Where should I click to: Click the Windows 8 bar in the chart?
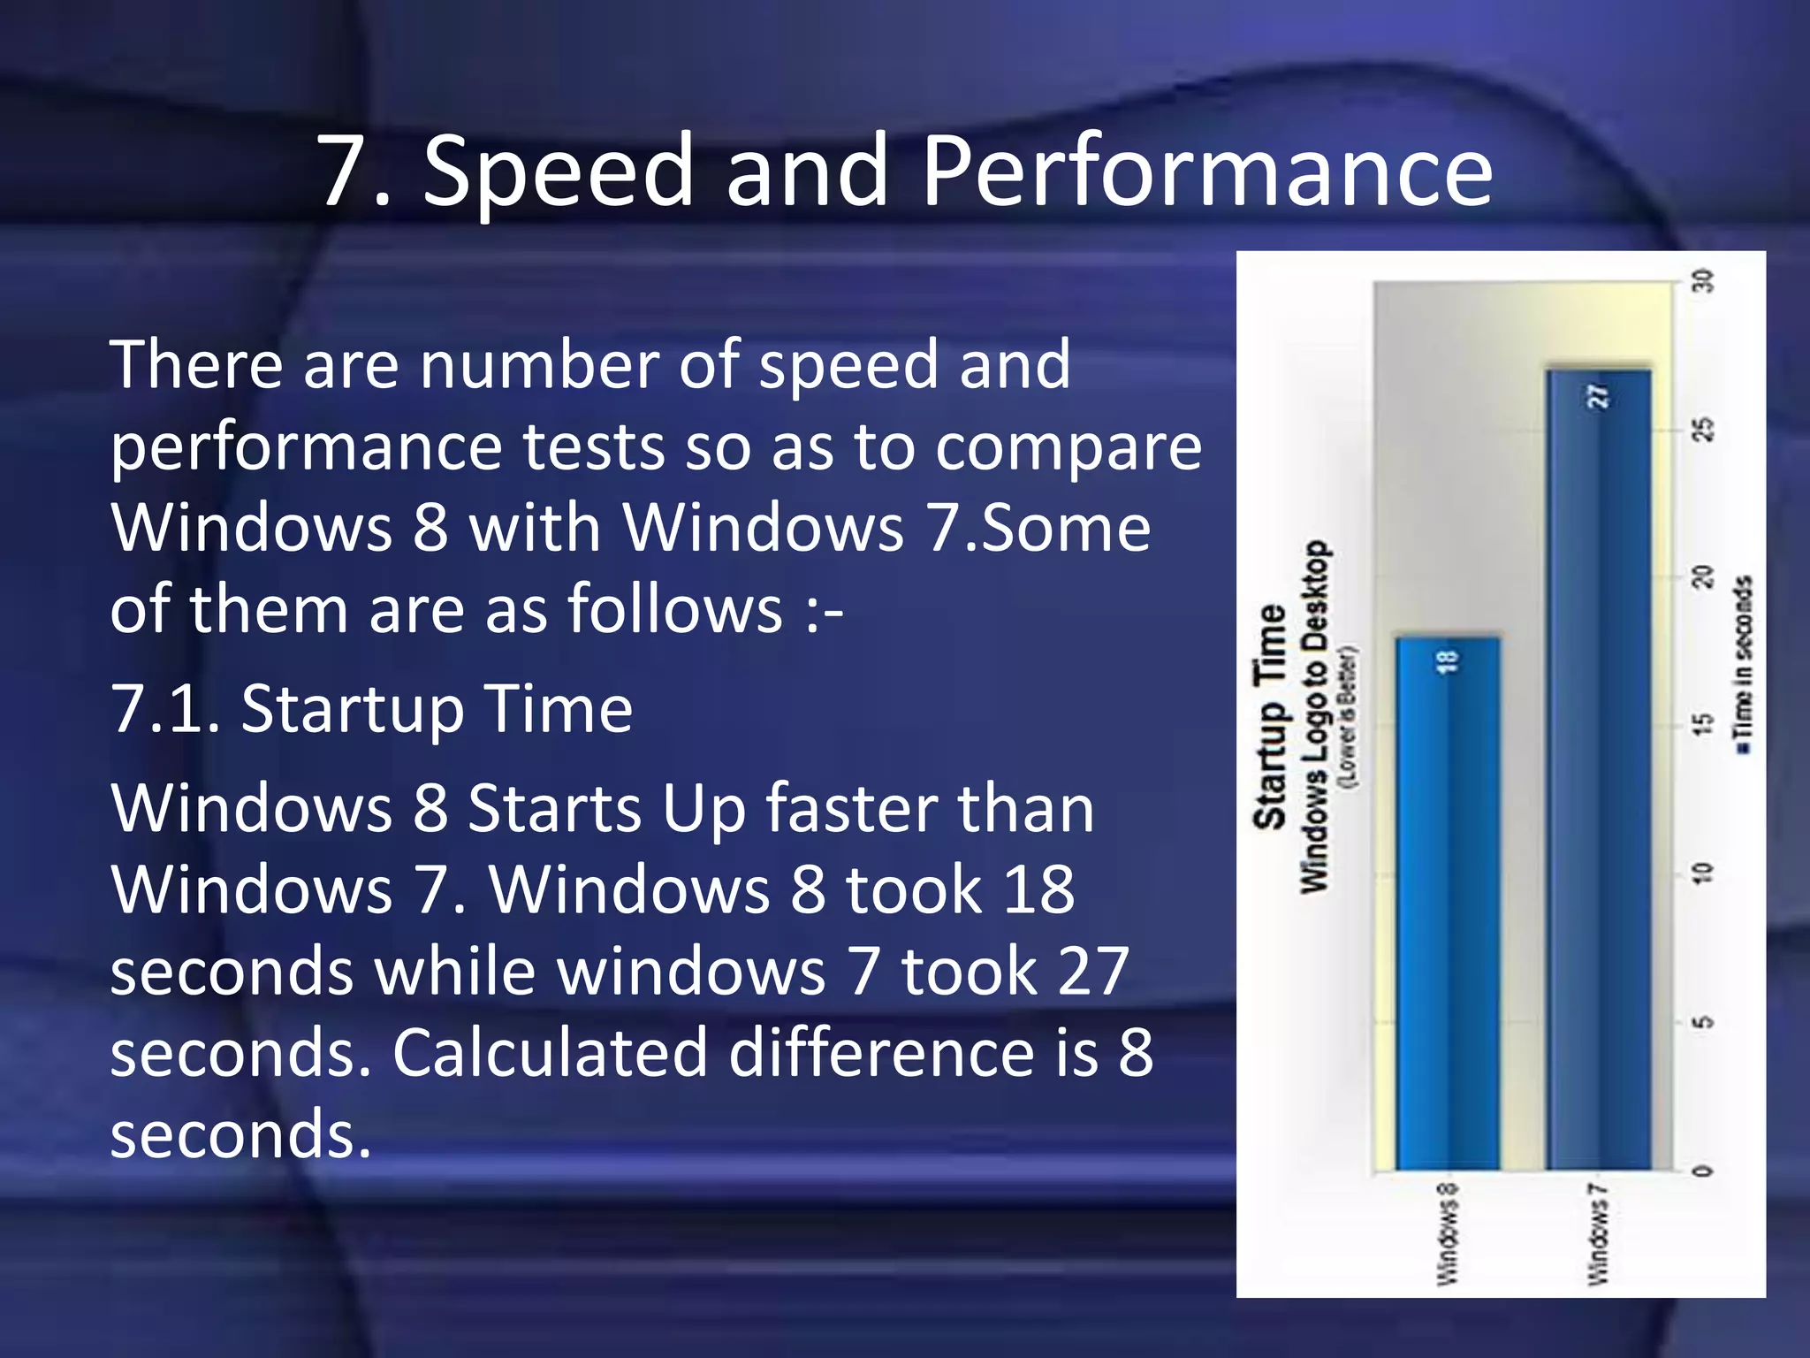(x=1447, y=902)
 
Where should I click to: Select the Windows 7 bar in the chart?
(x=1598, y=769)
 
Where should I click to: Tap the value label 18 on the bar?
(x=1448, y=661)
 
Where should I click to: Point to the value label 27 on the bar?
(x=1599, y=395)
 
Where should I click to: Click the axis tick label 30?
(x=1702, y=281)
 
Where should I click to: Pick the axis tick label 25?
(x=1702, y=430)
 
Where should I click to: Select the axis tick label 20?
(x=1702, y=577)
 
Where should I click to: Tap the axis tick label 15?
(x=1702, y=725)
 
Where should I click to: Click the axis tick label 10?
(x=1702, y=874)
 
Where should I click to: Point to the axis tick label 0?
(x=1702, y=1171)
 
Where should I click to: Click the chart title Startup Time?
(x=1270, y=716)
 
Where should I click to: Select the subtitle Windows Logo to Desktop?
(x=1314, y=716)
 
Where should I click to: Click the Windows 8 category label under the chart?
(x=1447, y=1233)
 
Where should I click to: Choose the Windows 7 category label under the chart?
(x=1598, y=1233)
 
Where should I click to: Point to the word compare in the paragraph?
(x=1069, y=446)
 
